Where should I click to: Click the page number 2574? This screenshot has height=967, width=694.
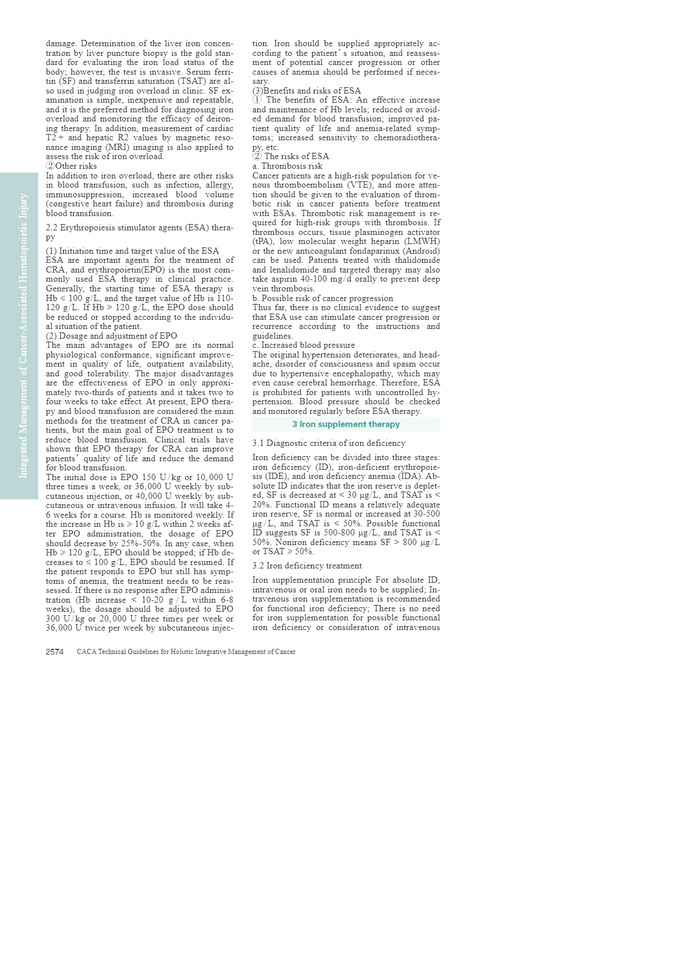pos(55,652)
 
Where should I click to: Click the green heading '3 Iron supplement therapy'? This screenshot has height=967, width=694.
pos(346,424)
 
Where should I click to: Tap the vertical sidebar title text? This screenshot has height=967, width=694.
pos(23,336)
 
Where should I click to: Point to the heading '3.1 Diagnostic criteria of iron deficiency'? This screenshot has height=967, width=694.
pos(329,443)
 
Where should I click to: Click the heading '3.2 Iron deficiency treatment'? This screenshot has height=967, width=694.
pos(307,566)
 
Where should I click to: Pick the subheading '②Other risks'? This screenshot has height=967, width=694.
pos(71,166)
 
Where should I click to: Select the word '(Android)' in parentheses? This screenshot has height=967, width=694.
pos(421,251)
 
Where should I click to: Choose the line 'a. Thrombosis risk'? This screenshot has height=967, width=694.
pos(287,166)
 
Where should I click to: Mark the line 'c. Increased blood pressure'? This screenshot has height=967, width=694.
pos(303,345)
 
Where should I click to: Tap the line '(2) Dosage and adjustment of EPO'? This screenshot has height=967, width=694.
pos(111,336)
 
